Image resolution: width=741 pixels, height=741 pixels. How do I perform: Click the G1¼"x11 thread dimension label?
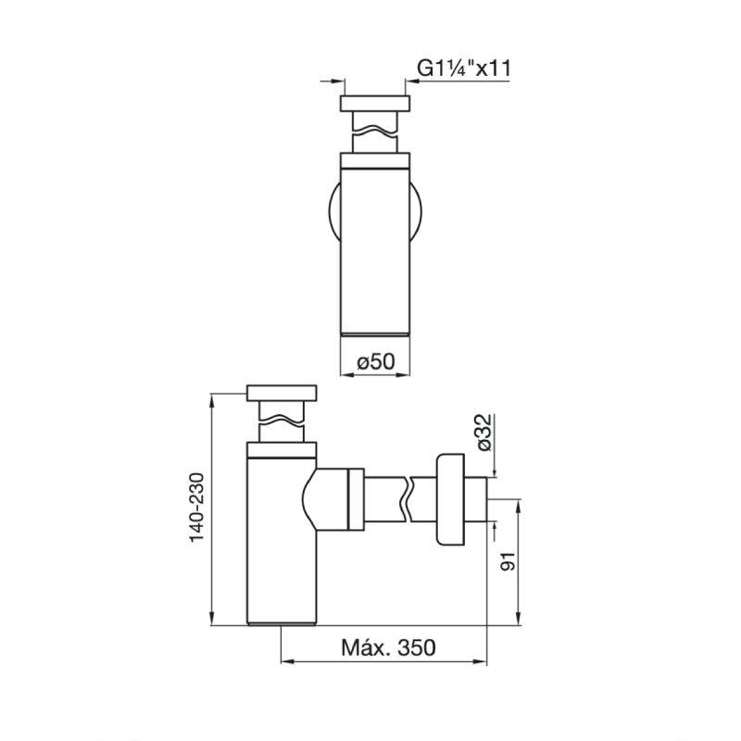[x=462, y=68]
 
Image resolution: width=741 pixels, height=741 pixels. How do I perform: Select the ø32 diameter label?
[x=482, y=434]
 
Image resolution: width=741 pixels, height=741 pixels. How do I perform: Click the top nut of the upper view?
[x=376, y=103]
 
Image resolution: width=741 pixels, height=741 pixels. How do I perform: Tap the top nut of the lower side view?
[x=283, y=392]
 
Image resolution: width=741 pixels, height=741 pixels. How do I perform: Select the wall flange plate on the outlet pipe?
[x=450, y=501]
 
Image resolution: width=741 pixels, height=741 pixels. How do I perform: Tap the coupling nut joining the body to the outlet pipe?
[x=352, y=500]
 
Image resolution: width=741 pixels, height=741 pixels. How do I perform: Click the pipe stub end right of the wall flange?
[x=479, y=501]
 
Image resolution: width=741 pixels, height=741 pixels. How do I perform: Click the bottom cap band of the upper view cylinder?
[x=376, y=332]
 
